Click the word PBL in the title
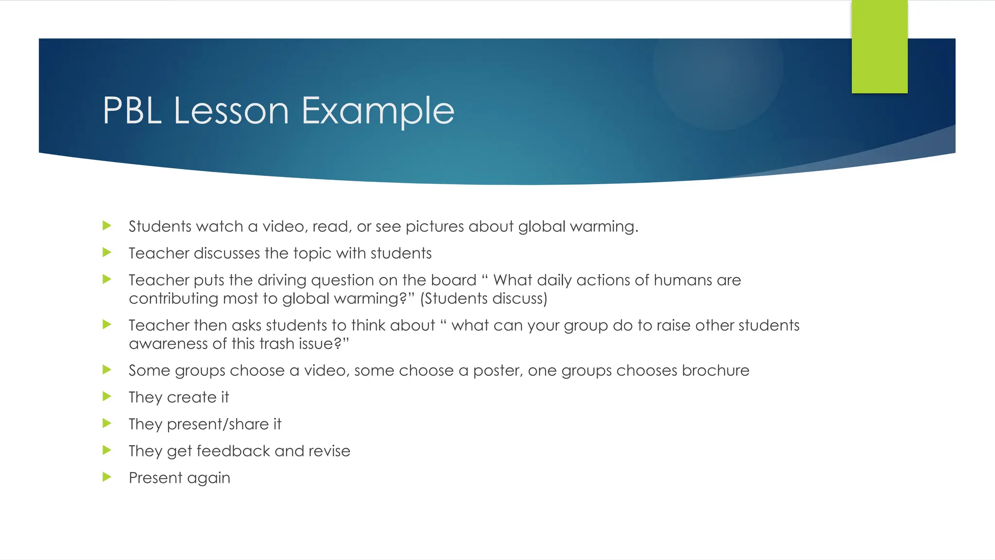pyautogui.click(x=132, y=111)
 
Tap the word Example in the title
pyautogui.click(x=378, y=111)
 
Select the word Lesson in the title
pyautogui.click(x=231, y=111)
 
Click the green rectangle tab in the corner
pyautogui.click(x=879, y=47)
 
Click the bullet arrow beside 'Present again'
pyautogui.click(x=107, y=477)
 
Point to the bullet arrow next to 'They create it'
pyautogui.click(x=107, y=397)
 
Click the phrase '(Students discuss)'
pyautogui.click(x=483, y=298)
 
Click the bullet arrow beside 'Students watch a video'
pyautogui.click(x=107, y=226)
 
